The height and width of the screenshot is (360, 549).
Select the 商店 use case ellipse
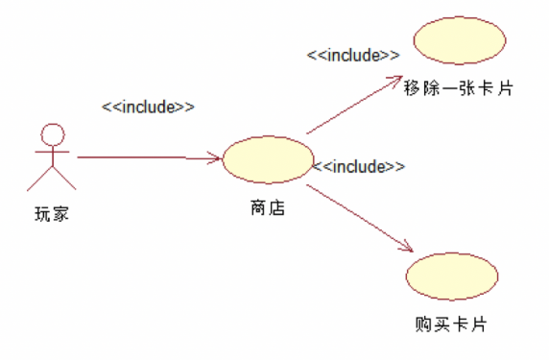(268, 159)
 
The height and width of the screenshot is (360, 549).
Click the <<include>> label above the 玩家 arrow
(148, 107)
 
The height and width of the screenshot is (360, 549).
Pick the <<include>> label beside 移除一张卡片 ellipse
(352, 55)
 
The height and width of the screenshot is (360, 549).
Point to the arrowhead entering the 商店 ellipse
(216, 158)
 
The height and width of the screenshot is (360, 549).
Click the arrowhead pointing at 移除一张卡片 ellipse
(395, 79)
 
